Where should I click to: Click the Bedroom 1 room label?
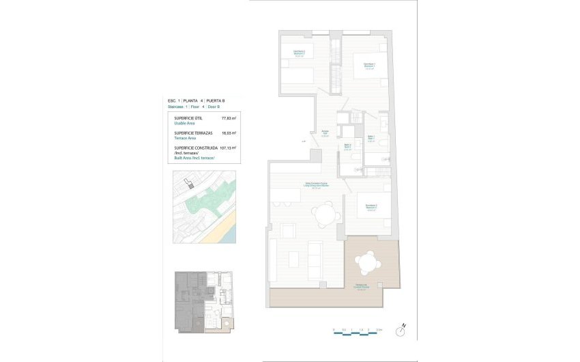click(x=370, y=66)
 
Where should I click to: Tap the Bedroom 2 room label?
click(x=299, y=53)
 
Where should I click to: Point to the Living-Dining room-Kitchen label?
click(x=317, y=185)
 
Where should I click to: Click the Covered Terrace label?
click(x=362, y=288)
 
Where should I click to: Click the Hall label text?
click(x=325, y=133)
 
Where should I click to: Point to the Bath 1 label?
click(x=371, y=138)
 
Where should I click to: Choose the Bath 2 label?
click(x=347, y=146)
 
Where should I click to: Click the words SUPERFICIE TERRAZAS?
click(x=194, y=133)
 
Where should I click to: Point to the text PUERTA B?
click(x=216, y=100)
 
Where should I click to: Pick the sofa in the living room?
click(x=316, y=257)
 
